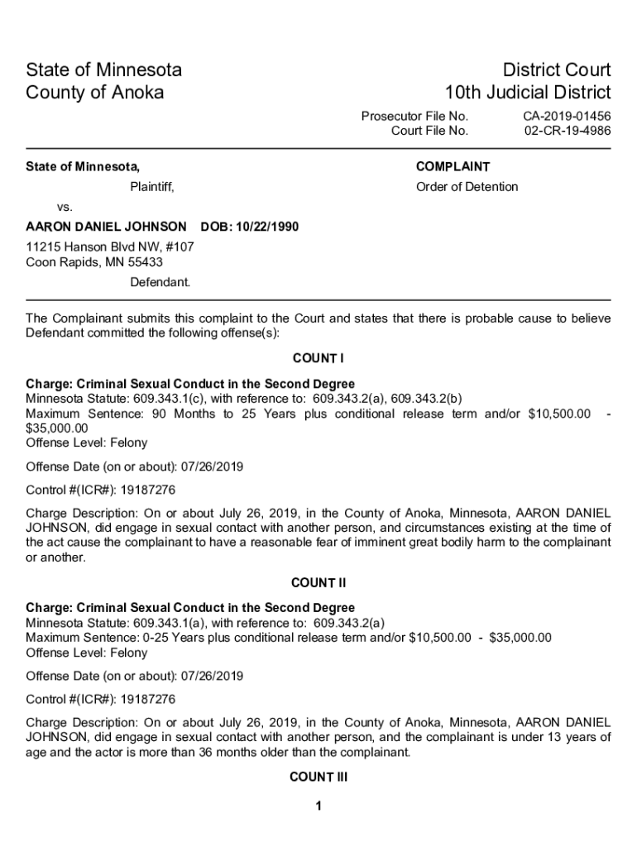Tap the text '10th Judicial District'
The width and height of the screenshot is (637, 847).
pyautogui.click(x=528, y=92)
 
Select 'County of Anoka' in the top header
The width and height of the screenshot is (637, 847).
pyautogui.click(x=95, y=92)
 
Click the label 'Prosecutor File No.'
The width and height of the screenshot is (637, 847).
pyautogui.click(x=414, y=117)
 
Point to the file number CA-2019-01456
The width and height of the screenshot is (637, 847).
pyautogui.click(x=567, y=117)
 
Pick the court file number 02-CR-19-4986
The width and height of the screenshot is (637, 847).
pyautogui.click(x=568, y=131)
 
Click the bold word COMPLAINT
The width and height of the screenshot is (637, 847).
pyautogui.click(x=453, y=166)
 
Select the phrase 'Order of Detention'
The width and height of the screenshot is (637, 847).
pyautogui.click(x=467, y=187)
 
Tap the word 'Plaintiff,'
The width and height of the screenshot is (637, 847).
pyautogui.click(x=152, y=187)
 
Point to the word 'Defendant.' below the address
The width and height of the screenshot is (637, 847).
pyautogui.click(x=160, y=282)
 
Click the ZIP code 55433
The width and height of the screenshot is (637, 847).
pyautogui.click(x=146, y=262)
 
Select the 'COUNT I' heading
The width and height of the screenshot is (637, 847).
pyautogui.click(x=318, y=358)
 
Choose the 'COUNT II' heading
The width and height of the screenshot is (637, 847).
pyautogui.click(x=318, y=583)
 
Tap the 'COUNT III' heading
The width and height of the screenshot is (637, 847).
pyautogui.click(x=318, y=778)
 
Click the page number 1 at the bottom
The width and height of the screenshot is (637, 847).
pyautogui.click(x=318, y=806)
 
